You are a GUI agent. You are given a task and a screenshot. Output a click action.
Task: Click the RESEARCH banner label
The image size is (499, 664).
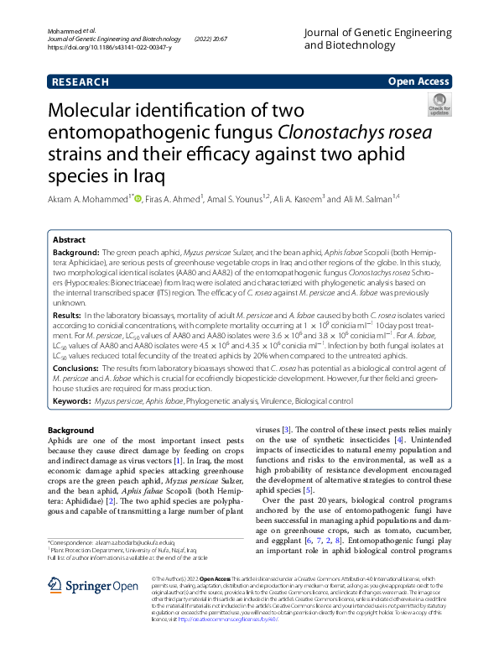(80, 81)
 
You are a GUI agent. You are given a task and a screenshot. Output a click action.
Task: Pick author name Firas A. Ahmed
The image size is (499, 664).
(174, 200)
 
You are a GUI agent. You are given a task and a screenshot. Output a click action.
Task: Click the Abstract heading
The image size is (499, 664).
(70, 240)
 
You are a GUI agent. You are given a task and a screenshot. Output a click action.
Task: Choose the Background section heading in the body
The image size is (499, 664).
(71, 431)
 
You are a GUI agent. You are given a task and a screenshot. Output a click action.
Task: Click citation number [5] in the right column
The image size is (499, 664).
(309, 490)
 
